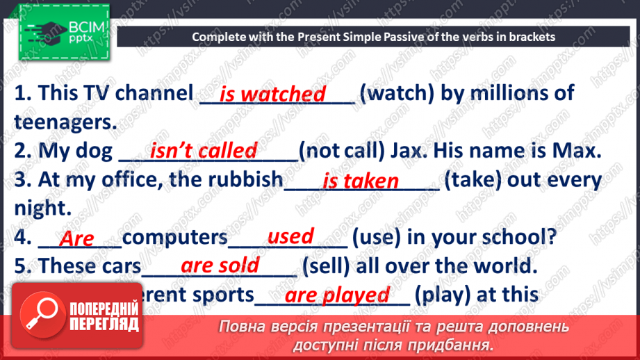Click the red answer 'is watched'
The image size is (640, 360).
coord(272,94)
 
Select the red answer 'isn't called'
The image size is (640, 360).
coord(204,151)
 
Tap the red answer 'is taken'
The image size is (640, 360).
coord(361,181)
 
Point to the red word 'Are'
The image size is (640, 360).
coord(76,239)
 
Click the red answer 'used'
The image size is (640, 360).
coord(290,236)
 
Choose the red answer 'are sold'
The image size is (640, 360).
coord(220,265)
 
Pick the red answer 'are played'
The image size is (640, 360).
coord(337,295)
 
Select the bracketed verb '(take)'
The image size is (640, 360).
coord(473,180)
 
